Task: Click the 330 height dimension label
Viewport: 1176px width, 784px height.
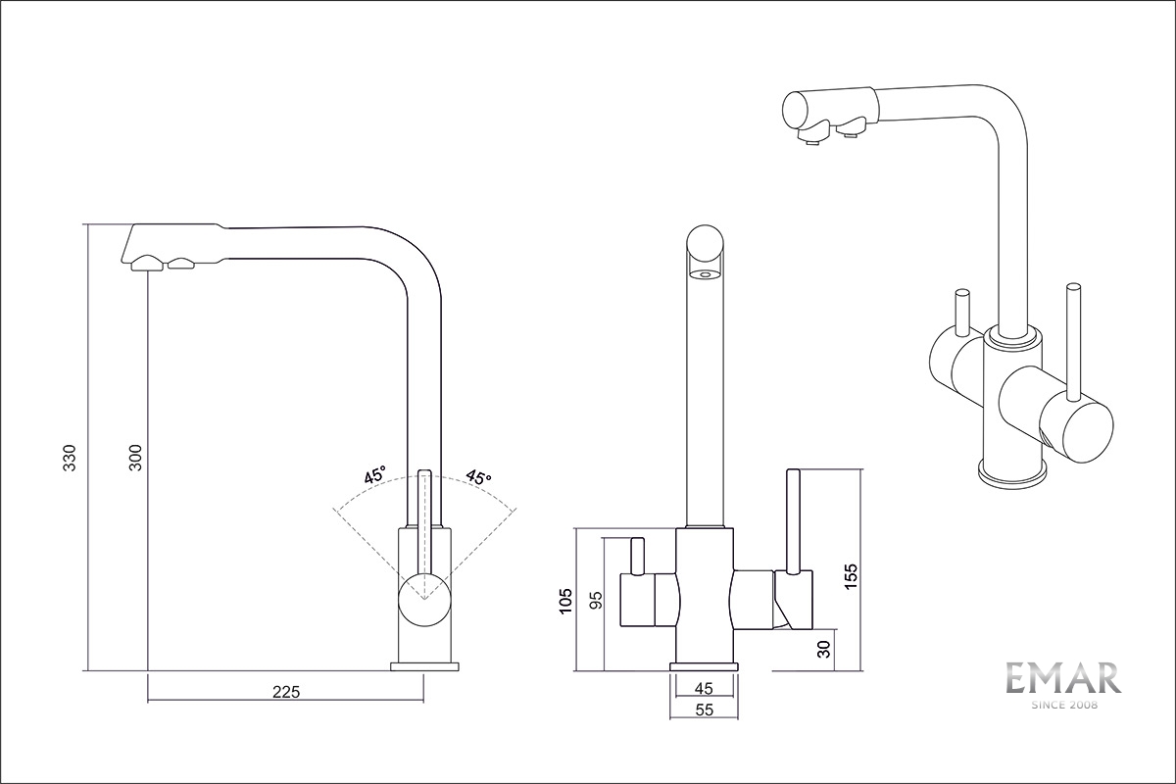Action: point(70,457)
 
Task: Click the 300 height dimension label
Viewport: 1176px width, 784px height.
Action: point(135,457)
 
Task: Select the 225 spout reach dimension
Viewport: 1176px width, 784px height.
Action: point(286,692)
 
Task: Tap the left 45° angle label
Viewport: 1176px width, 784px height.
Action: point(374,474)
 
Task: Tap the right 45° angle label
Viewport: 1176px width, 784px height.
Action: point(479,476)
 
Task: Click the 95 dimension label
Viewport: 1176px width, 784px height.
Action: point(596,600)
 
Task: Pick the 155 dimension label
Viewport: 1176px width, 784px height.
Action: point(851,576)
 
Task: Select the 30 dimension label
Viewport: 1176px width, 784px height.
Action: point(825,649)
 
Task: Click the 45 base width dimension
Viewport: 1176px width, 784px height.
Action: point(704,688)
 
